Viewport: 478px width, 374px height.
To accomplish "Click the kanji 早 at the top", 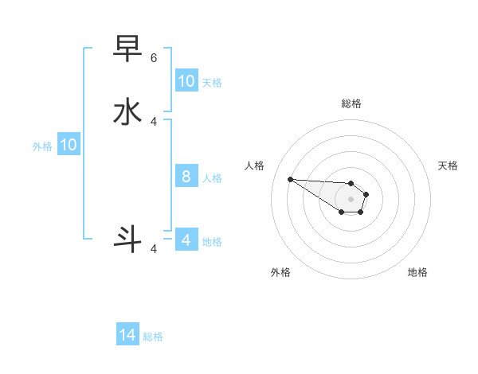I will point(128,49).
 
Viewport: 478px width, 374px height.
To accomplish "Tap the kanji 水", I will point(128,111).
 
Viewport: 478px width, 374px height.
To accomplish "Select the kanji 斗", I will point(128,240).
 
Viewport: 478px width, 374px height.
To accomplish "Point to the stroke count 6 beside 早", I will point(154,58).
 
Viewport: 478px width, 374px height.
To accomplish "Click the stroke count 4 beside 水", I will point(154,122).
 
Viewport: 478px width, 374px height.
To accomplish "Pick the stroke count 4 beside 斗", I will point(154,249).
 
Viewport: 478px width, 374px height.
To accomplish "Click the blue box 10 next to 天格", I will point(186,81).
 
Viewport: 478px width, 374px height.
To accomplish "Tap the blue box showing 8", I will point(186,177).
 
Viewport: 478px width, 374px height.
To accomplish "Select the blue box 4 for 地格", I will point(186,240).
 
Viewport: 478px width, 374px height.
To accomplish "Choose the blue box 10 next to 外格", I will point(69,145).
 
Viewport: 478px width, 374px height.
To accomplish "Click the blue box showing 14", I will point(127,336).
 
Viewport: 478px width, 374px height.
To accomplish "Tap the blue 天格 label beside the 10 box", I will point(212,83).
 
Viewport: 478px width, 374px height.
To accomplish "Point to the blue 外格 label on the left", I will point(42,146).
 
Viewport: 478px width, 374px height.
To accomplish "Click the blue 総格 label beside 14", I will point(153,337).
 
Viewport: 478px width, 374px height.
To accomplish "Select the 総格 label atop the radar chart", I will point(351,103).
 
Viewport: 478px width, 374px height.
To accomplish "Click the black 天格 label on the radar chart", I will point(448,166).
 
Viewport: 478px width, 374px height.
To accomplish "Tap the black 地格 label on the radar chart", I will point(417,272).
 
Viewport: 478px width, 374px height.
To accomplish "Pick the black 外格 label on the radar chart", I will point(280,272).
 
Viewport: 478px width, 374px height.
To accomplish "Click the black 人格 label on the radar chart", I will point(254,166).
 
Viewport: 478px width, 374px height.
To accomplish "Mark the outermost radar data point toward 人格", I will point(290,179).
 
